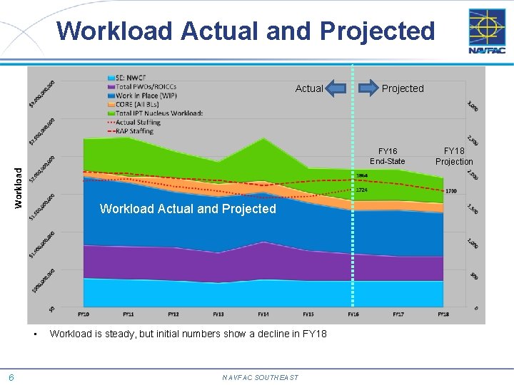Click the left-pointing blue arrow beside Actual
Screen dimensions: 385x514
[x=336, y=88]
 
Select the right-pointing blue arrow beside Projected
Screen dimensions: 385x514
[x=368, y=88]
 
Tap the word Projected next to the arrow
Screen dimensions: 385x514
[x=403, y=88]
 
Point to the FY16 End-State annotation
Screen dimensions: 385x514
[x=387, y=156]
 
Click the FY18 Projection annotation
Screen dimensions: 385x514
[x=454, y=156]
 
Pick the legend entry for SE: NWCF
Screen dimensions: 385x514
[x=133, y=78]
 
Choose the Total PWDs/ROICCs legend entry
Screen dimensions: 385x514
[x=146, y=86]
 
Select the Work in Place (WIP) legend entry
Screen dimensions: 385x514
[x=146, y=95]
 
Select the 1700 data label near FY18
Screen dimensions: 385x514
[x=450, y=191]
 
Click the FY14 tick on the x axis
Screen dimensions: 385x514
[x=263, y=314]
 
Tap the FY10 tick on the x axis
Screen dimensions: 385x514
[x=83, y=314]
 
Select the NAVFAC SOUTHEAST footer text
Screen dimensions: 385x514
[x=260, y=378]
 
